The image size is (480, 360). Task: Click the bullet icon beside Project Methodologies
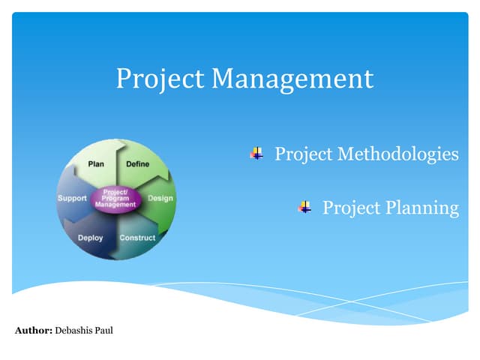[x=257, y=154]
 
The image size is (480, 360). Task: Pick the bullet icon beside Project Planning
[x=304, y=207]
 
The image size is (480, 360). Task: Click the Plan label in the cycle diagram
[x=96, y=163]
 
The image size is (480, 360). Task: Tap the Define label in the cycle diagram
[x=137, y=163]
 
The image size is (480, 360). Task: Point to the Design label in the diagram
[x=160, y=198]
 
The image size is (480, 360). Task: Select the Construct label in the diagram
[x=137, y=238]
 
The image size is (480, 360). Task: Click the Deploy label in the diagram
[x=90, y=238]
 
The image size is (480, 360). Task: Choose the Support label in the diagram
[x=72, y=198]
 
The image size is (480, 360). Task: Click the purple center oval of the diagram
[x=115, y=199]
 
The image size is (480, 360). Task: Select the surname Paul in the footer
[x=104, y=330]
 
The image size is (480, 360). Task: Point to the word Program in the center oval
[x=115, y=198]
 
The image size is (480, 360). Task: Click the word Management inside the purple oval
[x=115, y=204]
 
